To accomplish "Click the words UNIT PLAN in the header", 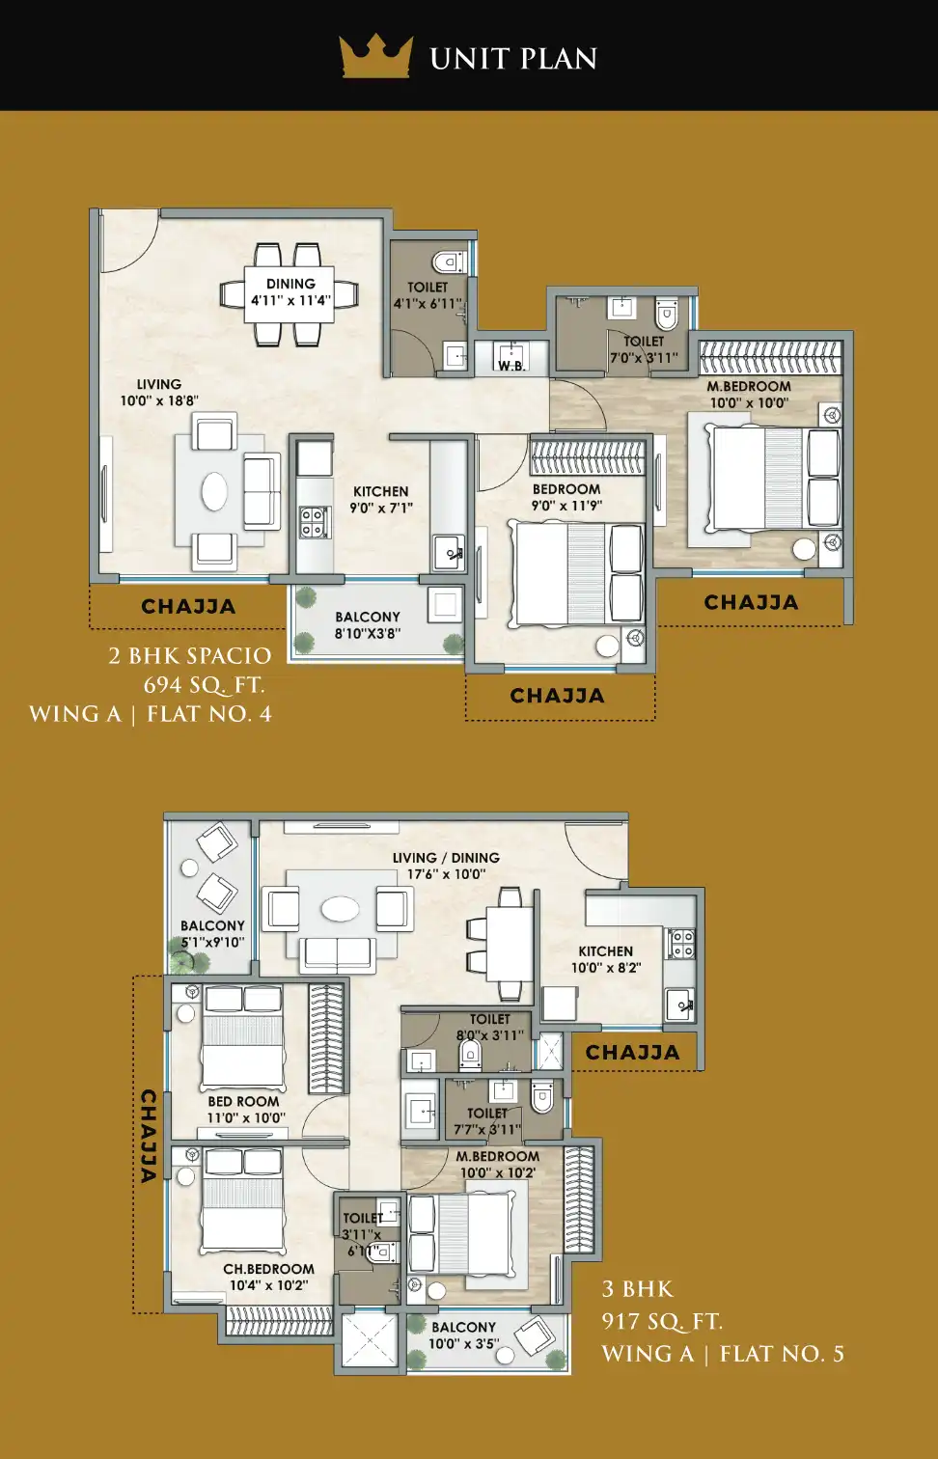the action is (x=513, y=59).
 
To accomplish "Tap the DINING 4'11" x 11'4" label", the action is (x=290, y=291).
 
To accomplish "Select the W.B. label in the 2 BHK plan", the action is (x=512, y=366).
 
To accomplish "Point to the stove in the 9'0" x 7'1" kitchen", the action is (x=314, y=523).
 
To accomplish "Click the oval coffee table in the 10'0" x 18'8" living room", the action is (x=214, y=491).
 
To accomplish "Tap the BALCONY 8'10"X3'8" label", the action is (x=368, y=624).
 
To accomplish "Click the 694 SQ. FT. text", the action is (x=204, y=685).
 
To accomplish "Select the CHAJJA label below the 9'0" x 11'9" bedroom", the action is (x=557, y=696).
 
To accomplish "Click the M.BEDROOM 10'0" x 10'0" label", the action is (x=749, y=395).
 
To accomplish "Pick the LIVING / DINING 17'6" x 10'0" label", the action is (x=446, y=866).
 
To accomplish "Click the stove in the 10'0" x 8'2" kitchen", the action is (x=680, y=944).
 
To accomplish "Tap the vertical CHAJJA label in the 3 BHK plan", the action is (x=150, y=1136).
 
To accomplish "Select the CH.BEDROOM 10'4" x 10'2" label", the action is (x=268, y=1277).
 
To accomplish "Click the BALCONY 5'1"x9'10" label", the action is (x=212, y=933).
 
